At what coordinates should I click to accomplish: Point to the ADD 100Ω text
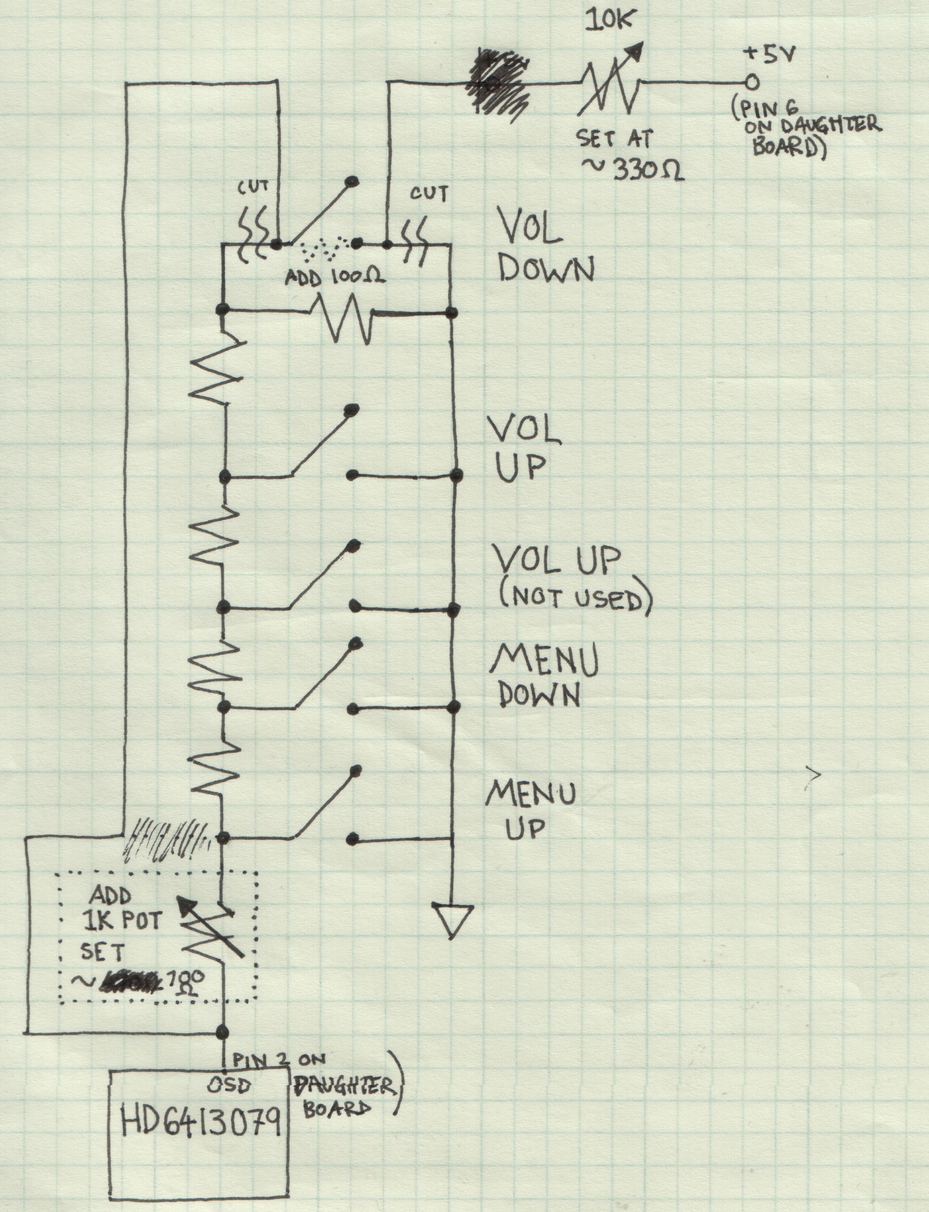point(334,277)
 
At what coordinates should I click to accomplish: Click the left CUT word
point(253,188)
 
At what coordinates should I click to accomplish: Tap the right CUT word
point(429,194)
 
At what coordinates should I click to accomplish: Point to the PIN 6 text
point(763,109)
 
